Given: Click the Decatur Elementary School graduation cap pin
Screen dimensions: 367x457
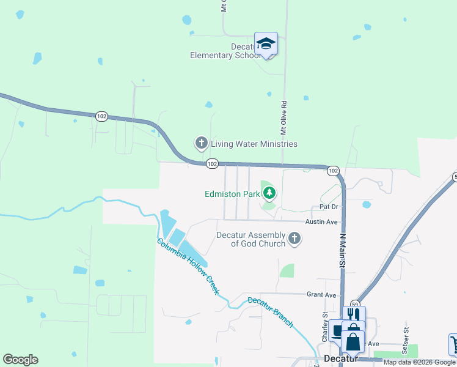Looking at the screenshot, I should click(266, 44).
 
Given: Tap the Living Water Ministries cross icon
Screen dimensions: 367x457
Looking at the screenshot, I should click(202, 144).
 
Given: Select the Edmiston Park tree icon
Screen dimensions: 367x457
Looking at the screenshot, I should click(269, 195).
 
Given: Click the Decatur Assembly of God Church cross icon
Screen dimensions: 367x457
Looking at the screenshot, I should click(294, 239).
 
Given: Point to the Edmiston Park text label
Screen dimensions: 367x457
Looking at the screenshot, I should click(232, 195).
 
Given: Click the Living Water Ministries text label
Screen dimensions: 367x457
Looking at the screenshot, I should click(254, 144).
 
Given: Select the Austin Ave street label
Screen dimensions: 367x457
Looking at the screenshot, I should click(321, 221).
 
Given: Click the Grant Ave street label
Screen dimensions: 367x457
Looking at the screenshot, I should click(322, 294).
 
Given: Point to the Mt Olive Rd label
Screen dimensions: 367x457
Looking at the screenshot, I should click(283, 117).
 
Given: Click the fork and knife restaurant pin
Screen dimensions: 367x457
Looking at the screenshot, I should click(354, 315).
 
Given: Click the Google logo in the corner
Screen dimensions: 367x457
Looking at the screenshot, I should click(20, 360).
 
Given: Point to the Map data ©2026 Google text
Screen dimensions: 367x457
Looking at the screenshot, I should click(419, 362).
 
